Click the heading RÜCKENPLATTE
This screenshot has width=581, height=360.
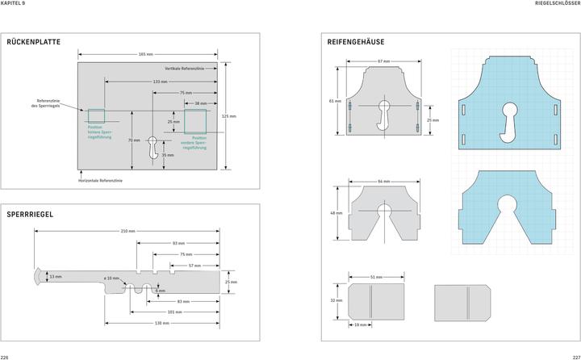point(33,41)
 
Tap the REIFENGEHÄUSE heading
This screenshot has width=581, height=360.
point(356,41)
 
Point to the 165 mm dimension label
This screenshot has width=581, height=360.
point(146,54)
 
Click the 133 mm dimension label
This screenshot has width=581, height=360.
point(160,82)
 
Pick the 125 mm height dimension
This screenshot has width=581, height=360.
point(229,116)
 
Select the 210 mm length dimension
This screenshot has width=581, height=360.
point(127,231)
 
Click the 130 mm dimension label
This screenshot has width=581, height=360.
point(162,323)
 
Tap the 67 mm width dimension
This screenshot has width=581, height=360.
point(383,61)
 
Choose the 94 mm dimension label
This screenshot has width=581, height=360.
point(383,181)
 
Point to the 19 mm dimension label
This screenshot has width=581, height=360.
point(362,324)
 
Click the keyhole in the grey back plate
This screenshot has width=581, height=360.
point(153,147)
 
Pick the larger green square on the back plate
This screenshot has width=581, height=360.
point(194,121)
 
